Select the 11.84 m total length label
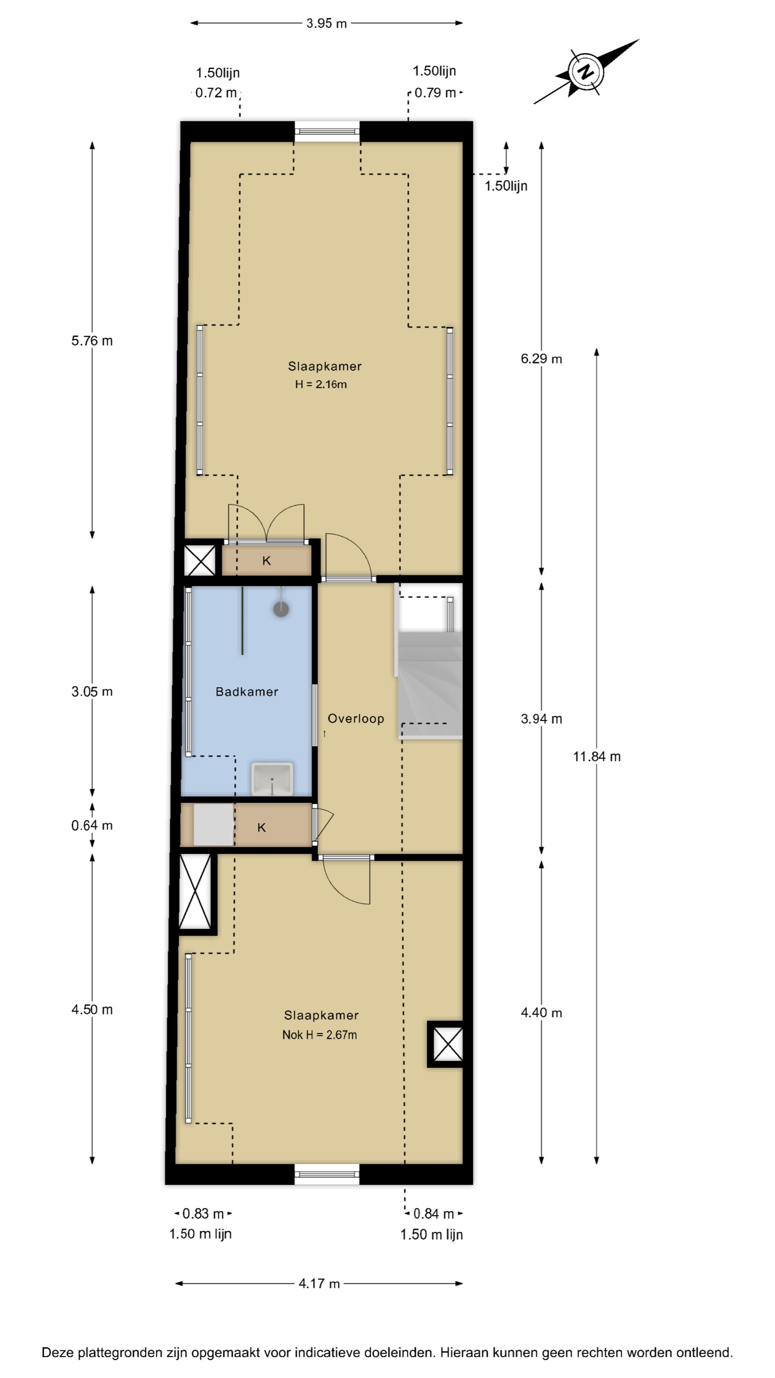(x=596, y=756)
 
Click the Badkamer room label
(x=246, y=692)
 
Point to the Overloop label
(x=356, y=718)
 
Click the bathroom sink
(x=272, y=779)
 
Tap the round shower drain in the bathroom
(x=281, y=609)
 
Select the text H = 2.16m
(x=321, y=384)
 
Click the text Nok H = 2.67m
(x=319, y=1035)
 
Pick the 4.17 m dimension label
(x=319, y=1283)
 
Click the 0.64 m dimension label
(x=92, y=825)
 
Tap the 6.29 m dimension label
(x=541, y=359)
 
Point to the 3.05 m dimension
(x=92, y=692)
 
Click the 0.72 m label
(x=216, y=93)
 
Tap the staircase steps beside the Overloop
(x=429, y=685)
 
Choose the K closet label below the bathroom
(x=262, y=828)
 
